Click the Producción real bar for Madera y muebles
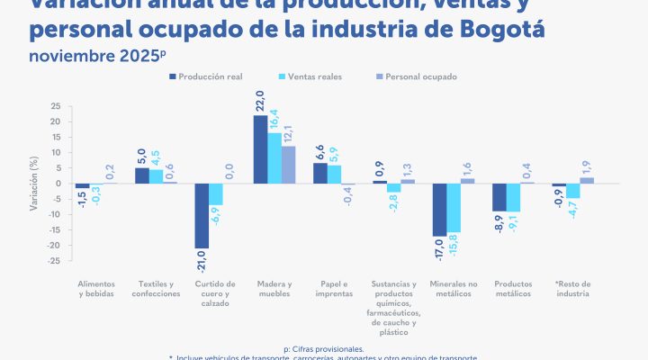[260, 149]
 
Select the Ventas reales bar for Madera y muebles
[274, 158]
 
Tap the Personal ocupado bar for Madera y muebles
[287, 165]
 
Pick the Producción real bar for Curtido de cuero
[202, 216]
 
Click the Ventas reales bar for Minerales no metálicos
[453, 208]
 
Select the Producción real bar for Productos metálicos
[499, 197]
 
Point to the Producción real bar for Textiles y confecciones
[141, 175]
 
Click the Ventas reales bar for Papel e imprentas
[333, 175]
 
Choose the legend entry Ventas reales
[310, 76]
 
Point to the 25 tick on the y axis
[56, 106]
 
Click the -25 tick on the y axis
[55, 261]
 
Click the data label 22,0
[260, 100]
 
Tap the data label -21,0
[202, 263]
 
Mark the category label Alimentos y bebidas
[97, 289]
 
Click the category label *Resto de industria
[572, 289]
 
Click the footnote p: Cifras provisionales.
[323, 347]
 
